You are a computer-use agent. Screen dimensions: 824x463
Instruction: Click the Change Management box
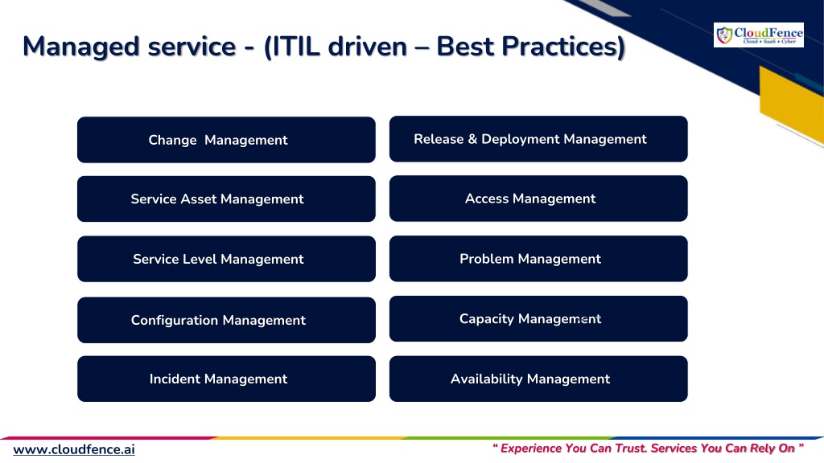226,140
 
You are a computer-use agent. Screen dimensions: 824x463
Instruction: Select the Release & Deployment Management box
538,139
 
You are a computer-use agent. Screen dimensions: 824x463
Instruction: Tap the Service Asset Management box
226,199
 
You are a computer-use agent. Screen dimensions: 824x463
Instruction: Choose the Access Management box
538,199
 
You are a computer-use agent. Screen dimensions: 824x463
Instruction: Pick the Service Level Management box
226,259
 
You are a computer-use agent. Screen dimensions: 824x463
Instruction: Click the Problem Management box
538,258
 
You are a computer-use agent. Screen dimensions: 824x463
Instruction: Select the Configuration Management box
226,320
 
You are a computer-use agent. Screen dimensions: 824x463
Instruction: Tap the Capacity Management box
538,318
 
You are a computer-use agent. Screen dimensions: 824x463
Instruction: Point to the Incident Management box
226,379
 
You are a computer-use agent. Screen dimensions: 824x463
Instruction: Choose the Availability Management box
538,379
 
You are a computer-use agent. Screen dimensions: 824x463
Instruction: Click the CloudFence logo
758,35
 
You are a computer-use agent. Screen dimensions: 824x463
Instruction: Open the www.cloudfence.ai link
74,450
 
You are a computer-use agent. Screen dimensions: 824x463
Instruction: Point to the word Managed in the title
81,47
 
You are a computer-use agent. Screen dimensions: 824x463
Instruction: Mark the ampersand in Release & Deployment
472,139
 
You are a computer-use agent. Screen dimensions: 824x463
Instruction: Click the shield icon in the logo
725,35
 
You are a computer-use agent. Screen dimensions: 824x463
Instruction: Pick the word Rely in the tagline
763,449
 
